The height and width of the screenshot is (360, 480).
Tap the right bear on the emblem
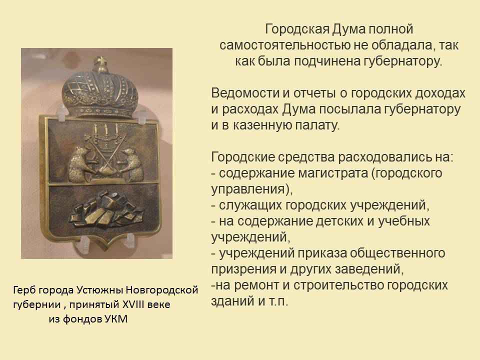click(133, 164)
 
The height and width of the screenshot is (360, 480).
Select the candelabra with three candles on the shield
click(106, 134)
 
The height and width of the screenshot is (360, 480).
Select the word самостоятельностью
click(284, 45)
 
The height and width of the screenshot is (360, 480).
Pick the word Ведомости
click(245, 93)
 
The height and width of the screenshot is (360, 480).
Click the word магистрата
click(333, 173)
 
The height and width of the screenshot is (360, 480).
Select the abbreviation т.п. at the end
click(278, 301)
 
